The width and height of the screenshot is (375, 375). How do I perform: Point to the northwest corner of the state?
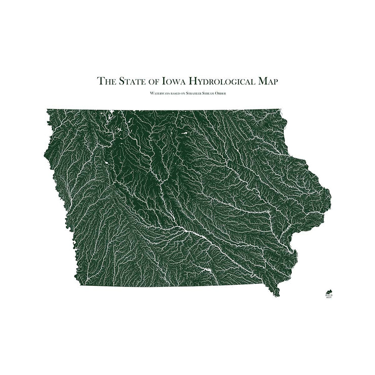[47, 110]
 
